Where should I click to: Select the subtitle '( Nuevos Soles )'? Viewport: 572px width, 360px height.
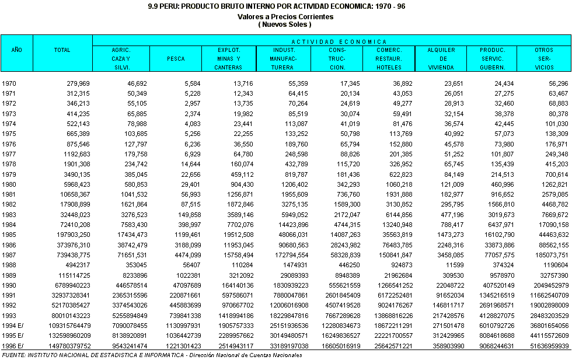tap(285, 25)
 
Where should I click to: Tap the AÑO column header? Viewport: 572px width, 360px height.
tap(17, 50)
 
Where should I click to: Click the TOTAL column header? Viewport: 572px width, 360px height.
tap(62, 50)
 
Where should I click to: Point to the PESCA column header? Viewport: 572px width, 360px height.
tap(176, 58)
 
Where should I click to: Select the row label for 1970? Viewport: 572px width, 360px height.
tap(9, 84)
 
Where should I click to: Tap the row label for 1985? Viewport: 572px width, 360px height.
tap(9, 233)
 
